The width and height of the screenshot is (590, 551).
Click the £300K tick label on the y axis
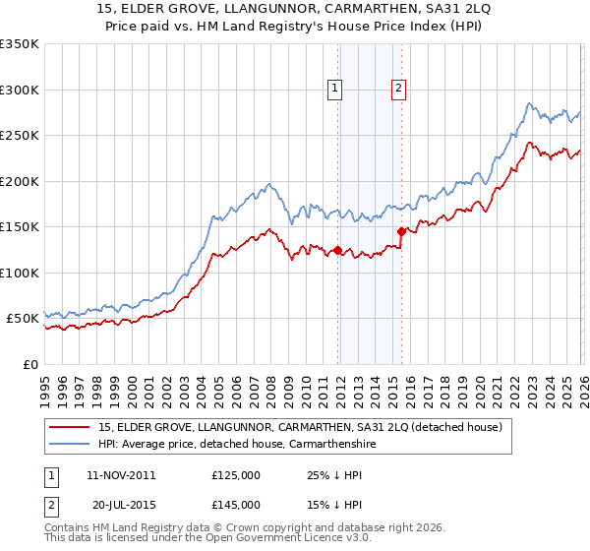[20, 90]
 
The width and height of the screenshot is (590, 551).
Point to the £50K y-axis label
[23, 319]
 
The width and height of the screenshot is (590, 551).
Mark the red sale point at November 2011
[337, 250]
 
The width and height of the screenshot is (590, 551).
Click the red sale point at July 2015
[401, 231]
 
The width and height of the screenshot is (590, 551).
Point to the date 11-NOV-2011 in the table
[121, 474]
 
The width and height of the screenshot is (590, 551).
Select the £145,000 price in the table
[235, 506]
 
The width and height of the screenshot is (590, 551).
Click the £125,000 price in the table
[235, 474]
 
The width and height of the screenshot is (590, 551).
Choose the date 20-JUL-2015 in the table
[120, 506]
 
